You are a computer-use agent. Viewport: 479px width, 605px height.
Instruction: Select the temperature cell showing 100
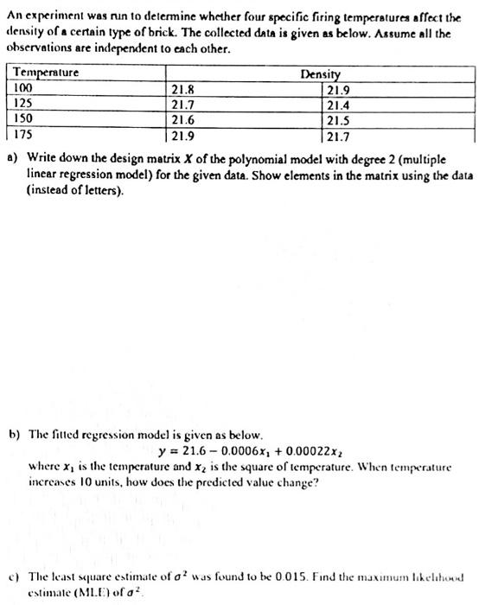tap(26, 87)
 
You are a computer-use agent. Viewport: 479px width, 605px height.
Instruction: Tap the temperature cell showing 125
tap(26, 103)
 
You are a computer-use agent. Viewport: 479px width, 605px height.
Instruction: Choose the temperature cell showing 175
tap(26, 136)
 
